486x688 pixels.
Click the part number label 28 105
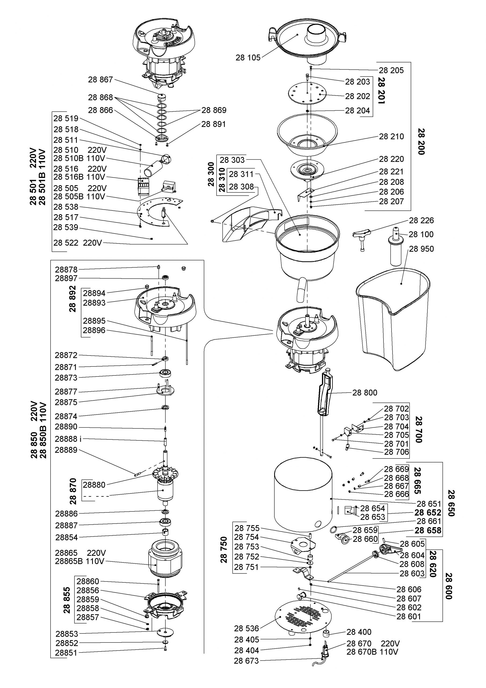pyautogui.click(x=248, y=58)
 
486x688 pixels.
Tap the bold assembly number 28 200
pyautogui.click(x=421, y=141)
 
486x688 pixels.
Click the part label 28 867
pyautogui.click(x=100, y=80)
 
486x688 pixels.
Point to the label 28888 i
pyautogui.click(x=68, y=439)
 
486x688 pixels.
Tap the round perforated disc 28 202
pyautogui.click(x=307, y=94)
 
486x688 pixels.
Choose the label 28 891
pyautogui.click(x=213, y=124)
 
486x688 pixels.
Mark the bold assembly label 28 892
pyautogui.click(x=73, y=299)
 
